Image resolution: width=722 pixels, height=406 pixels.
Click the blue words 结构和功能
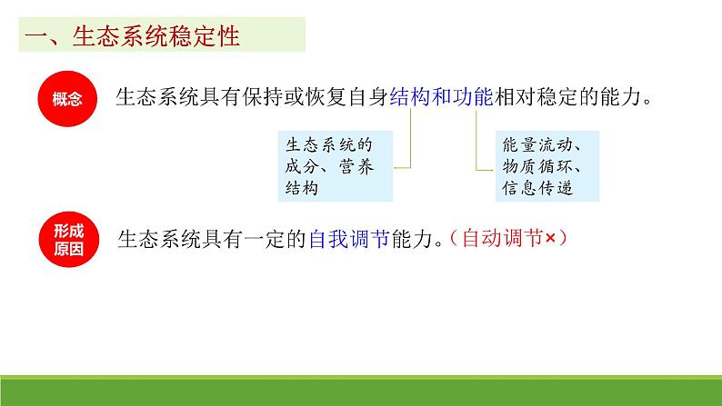441,98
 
